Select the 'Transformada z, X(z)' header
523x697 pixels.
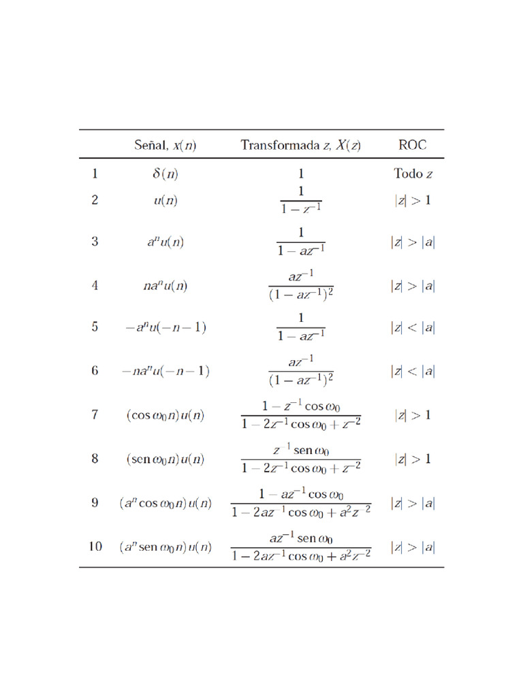point(300,145)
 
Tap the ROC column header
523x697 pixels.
point(413,145)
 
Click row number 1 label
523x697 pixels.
point(95,174)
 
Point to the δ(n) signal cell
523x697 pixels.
point(165,174)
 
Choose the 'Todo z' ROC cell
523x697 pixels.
point(413,174)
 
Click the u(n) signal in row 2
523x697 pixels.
point(165,200)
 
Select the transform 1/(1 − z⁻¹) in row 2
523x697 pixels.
point(300,200)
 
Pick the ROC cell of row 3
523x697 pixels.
point(413,242)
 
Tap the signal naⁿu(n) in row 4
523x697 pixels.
point(165,286)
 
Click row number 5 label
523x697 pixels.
point(95,327)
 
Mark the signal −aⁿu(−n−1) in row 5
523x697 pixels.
point(165,327)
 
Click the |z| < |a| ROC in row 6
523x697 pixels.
point(413,371)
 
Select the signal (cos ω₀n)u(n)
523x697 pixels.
point(165,415)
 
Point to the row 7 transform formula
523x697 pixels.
point(300,415)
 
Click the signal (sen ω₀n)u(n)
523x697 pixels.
point(165,459)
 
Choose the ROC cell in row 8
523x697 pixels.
point(413,459)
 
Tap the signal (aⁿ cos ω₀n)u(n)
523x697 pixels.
point(165,504)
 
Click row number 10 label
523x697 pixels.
point(95,547)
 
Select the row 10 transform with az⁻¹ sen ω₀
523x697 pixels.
point(300,547)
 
